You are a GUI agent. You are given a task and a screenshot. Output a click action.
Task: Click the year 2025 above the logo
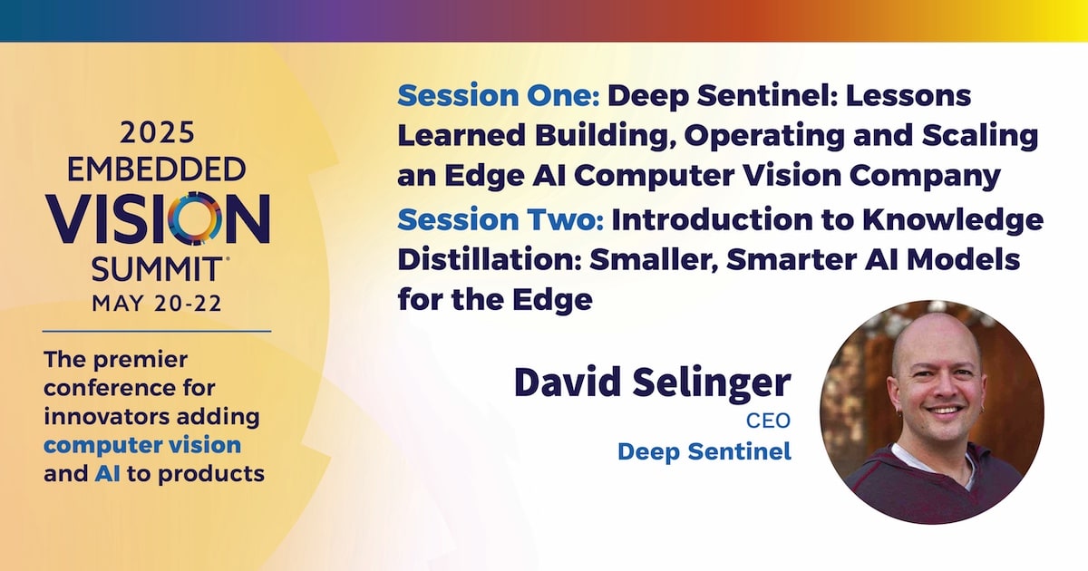tap(157, 133)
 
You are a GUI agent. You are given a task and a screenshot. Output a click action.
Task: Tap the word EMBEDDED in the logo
tap(156, 170)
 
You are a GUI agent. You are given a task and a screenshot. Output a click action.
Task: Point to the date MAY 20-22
tap(157, 304)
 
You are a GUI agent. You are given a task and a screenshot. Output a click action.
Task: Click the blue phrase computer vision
tap(142, 445)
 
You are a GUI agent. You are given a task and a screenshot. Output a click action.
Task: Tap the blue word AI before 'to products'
tap(107, 473)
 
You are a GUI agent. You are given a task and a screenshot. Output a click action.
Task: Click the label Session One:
tap(499, 95)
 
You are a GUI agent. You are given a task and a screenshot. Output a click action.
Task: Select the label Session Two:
tap(500, 219)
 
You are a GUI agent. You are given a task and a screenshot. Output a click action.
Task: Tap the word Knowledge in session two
tap(953, 221)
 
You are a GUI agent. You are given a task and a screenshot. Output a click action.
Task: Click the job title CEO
tap(769, 421)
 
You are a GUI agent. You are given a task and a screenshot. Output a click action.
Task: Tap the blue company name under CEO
tap(704, 451)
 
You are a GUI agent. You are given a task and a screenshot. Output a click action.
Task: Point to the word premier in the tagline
tap(141, 361)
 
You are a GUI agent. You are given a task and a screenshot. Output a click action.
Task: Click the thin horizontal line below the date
tap(157, 332)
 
